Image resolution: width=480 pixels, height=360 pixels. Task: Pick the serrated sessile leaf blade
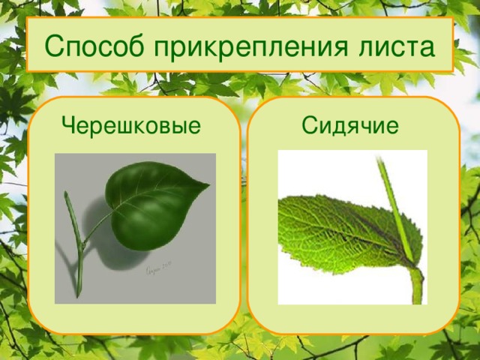click(337, 225)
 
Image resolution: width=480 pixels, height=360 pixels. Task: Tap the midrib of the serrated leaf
click(345, 229)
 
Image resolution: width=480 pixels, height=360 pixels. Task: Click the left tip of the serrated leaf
click(280, 205)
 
